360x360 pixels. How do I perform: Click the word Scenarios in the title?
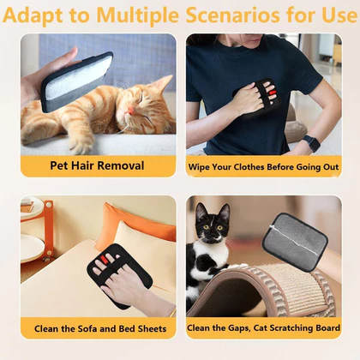[x=232, y=15]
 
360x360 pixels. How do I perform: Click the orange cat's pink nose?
[x=130, y=111]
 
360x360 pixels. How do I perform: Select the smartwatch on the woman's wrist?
[x=311, y=143]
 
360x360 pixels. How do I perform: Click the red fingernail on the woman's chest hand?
[x=273, y=92]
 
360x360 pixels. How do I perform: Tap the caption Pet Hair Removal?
[x=97, y=165]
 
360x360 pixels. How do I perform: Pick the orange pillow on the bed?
[x=135, y=225]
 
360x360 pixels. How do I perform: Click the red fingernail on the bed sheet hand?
[x=104, y=259]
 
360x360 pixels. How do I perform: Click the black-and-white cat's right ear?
[x=225, y=212]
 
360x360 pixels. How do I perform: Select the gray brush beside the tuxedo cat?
[x=295, y=237]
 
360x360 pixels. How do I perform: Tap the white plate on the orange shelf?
[x=32, y=248]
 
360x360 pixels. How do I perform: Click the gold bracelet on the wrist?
[x=172, y=313]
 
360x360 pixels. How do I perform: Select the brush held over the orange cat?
[x=76, y=81]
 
